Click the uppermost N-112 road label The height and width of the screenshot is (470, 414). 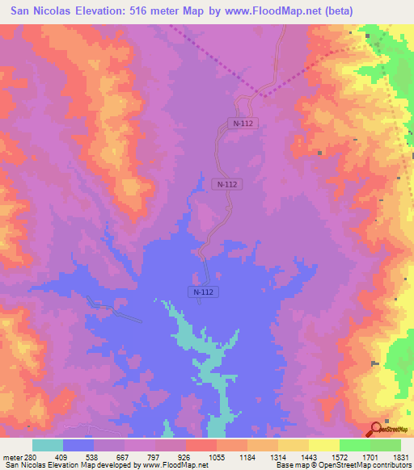(x=240, y=124)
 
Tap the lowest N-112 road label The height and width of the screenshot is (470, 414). (x=205, y=291)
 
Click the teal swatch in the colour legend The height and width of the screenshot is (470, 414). (x=48, y=445)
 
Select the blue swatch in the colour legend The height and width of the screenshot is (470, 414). (x=79, y=445)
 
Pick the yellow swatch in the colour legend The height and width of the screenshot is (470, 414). (x=323, y=445)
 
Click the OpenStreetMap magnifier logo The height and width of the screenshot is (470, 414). (x=377, y=429)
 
